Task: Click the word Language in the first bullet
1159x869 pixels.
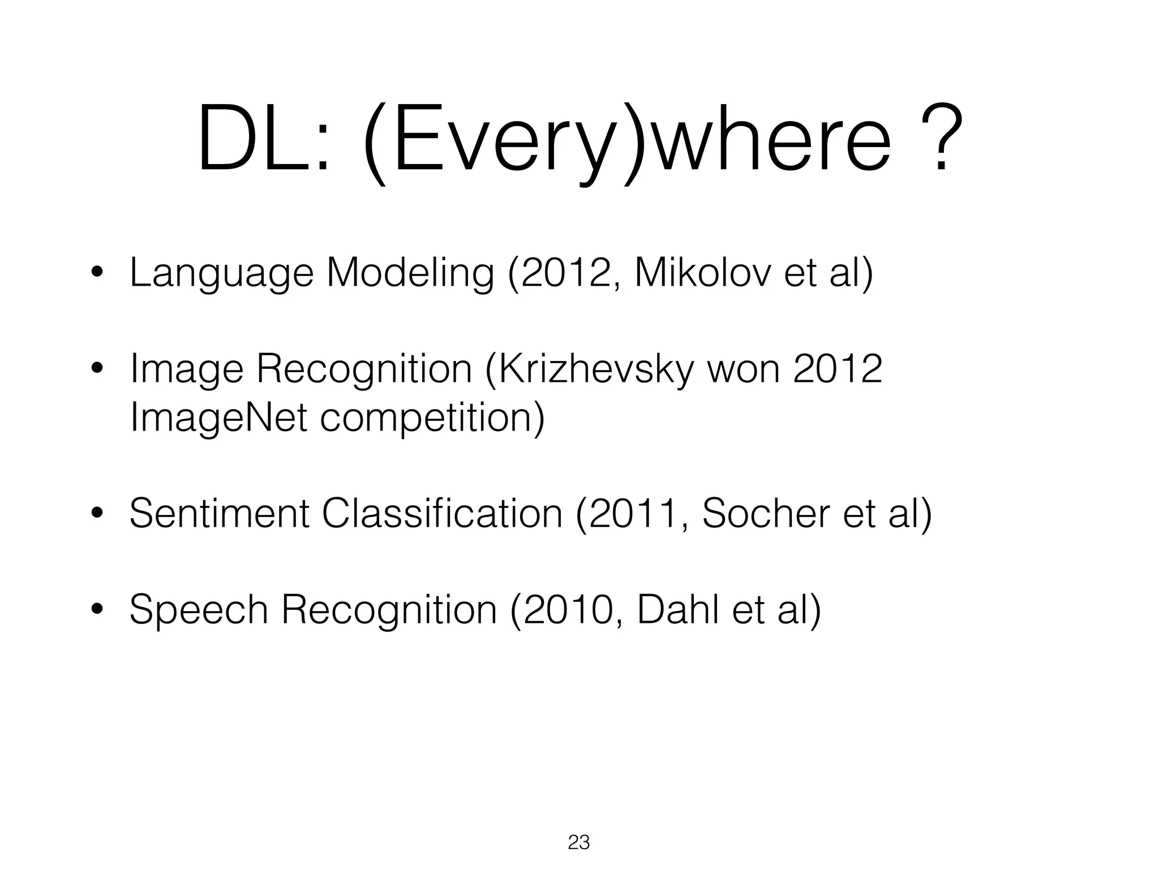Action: point(221,273)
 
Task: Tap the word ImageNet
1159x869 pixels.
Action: point(218,418)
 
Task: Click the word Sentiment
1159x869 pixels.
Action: point(220,514)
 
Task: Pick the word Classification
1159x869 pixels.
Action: point(442,514)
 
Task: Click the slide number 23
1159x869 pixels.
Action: point(578,842)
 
